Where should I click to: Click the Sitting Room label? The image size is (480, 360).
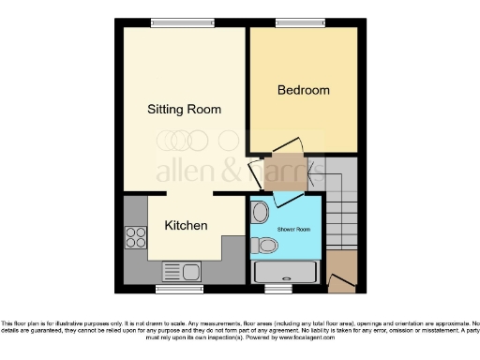coord(185,110)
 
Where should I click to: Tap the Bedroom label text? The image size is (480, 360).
coord(304,90)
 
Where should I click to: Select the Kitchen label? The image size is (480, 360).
coord(186,226)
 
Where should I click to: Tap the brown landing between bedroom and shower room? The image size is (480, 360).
coord(282,172)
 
